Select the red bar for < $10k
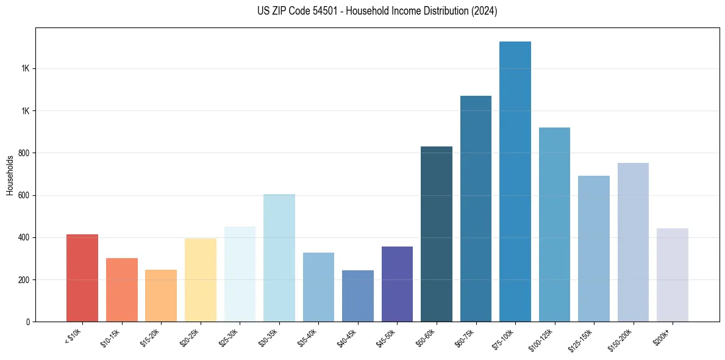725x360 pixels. coord(82,278)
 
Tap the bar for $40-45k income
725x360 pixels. coord(358,296)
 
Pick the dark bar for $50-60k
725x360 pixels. coord(437,234)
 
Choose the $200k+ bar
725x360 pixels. coord(673,275)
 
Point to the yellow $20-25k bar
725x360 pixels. coord(201,280)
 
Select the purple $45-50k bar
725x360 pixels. coord(397,284)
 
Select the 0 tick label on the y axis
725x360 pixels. coord(27,322)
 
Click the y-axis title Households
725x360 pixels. coord(10,176)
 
